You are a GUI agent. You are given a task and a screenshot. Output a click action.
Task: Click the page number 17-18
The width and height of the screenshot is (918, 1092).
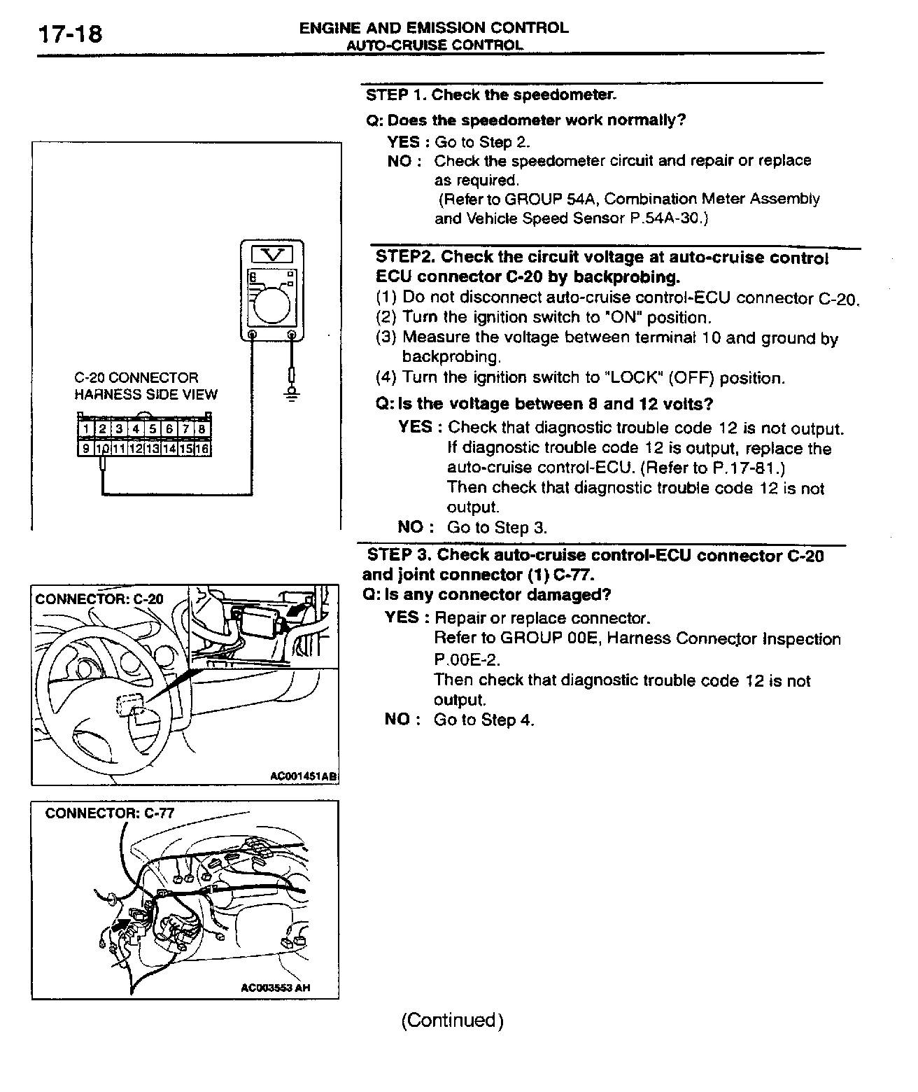(70, 33)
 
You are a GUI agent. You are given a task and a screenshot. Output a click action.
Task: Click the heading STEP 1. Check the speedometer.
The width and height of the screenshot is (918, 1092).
(490, 94)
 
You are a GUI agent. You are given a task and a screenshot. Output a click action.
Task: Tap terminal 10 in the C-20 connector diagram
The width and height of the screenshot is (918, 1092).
(102, 449)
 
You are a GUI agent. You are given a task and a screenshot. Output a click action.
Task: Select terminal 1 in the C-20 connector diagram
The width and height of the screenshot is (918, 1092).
(85, 429)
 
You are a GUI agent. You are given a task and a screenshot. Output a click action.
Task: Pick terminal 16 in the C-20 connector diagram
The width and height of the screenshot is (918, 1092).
(202, 449)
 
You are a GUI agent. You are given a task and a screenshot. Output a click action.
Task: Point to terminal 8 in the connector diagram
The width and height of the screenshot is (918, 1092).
(202, 429)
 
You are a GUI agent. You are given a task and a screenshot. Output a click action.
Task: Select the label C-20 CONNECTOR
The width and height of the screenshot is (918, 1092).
(136, 378)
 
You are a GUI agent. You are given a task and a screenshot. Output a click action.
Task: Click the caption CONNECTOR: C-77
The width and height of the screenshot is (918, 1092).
(110, 813)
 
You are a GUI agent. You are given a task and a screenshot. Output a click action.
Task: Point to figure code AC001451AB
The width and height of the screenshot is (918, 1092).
(303, 776)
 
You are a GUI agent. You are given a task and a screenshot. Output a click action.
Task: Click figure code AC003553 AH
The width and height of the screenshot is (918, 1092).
(275, 988)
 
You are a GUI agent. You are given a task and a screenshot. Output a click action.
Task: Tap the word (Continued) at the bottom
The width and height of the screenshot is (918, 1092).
(452, 1020)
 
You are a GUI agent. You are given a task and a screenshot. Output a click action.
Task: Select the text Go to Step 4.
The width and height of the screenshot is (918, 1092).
(484, 720)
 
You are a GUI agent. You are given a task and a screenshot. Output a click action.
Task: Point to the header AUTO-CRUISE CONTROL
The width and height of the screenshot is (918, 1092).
(435, 45)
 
